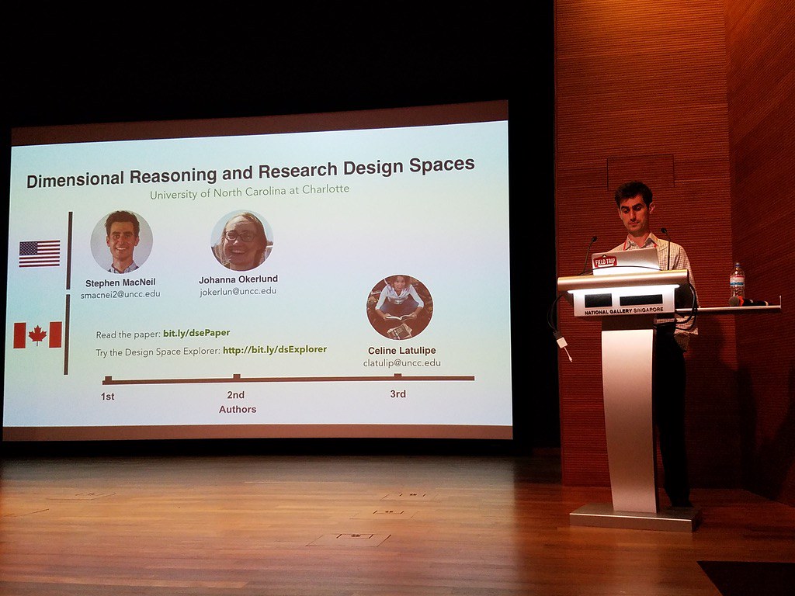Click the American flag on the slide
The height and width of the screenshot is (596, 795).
[40, 253]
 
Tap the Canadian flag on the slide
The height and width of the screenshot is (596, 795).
[37, 334]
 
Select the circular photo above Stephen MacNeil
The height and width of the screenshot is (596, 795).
[122, 241]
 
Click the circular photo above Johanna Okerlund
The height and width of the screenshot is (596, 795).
[241, 241]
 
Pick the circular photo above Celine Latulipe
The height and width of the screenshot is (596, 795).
[399, 307]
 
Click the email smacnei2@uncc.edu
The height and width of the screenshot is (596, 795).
[120, 295]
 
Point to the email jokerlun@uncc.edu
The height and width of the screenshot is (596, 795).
[238, 292]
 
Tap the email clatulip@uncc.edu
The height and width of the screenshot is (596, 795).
[401, 362]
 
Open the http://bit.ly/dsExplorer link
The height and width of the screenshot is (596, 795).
[275, 350]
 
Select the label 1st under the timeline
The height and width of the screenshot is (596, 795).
[107, 397]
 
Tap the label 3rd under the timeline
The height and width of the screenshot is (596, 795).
[397, 394]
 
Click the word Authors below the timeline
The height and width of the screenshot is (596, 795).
[238, 409]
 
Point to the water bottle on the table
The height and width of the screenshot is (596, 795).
[737, 281]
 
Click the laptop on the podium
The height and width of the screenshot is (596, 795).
[625, 261]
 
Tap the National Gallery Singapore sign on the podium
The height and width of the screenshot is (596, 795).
[624, 310]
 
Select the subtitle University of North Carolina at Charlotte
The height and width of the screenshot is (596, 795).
[249, 189]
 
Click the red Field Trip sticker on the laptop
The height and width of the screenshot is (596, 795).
[604, 262]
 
